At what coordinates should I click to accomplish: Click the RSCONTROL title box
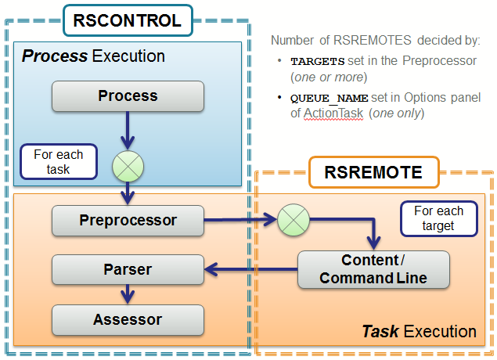127,20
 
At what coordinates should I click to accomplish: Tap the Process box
128,96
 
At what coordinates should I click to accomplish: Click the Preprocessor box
128,220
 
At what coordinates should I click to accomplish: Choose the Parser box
128,270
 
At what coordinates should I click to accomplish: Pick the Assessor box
128,319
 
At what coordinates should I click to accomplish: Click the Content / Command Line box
373,269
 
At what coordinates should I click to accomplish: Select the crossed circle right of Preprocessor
294,220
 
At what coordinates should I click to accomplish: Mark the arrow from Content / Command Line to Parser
250,270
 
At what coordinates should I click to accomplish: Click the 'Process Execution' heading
93,56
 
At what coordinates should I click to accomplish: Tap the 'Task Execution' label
419,331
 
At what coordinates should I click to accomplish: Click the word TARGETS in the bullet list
317,61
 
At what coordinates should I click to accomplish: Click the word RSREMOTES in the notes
361,40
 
